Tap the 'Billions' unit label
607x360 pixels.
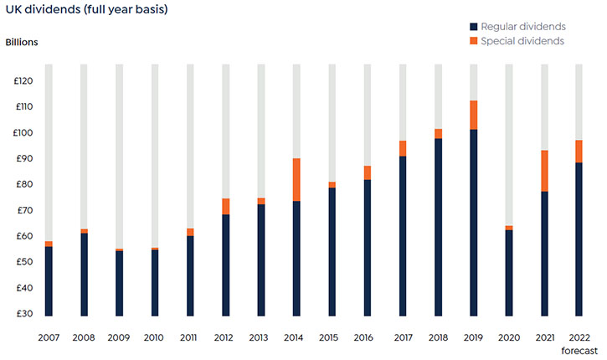(23, 42)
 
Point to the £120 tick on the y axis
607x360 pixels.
(22, 81)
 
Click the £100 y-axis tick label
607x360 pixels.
(22, 133)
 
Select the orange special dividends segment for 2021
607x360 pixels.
(544, 171)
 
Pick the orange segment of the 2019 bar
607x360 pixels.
(474, 115)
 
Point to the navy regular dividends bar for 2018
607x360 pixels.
(438, 227)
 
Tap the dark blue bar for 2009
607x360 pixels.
(120, 283)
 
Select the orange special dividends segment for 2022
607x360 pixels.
(579, 151)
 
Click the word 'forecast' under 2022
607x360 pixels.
(579, 351)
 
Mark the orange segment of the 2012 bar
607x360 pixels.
(226, 206)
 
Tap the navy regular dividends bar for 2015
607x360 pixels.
(332, 251)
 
